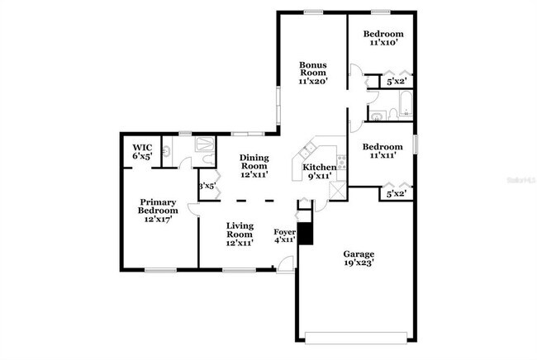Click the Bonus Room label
[x=313, y=73]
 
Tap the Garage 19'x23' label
[x=359, y=259]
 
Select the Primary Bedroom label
[x=158, y=211]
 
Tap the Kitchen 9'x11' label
[x=314, y=172]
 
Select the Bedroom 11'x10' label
[x=383, y=39]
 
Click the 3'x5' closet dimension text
[x=207, y=187]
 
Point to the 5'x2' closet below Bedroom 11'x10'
[x=396, y=82]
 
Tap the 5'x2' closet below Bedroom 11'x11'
[x=396, y=194]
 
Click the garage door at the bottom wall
[x=357, y=336]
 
